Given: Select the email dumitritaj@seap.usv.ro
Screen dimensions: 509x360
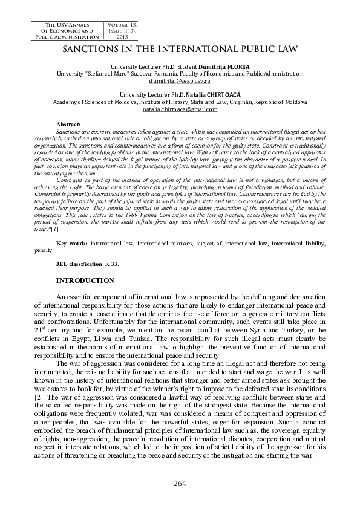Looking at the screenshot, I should click(180, 80).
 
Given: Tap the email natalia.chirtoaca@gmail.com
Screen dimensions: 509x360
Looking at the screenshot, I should click(180, 109).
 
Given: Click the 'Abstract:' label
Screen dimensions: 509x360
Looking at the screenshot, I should click(68, 124).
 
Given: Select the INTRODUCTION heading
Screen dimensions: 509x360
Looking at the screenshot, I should click(85, 280).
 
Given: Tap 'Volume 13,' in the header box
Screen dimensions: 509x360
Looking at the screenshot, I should click(125, 23).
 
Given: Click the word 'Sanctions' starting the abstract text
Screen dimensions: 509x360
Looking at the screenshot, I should click(67, 131).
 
